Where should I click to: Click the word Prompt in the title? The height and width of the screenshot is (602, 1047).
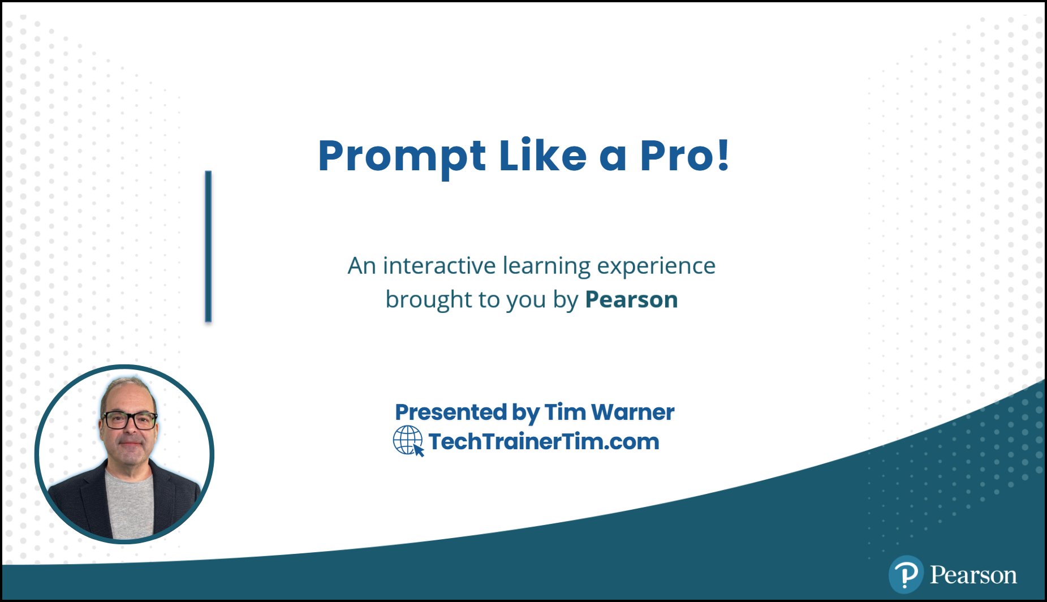tap(402, 156)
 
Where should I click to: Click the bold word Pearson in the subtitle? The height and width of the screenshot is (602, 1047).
tap(631, 299)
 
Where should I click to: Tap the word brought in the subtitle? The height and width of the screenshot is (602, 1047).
tap(420, 300)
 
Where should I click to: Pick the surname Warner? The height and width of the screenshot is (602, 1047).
tap(633, 412)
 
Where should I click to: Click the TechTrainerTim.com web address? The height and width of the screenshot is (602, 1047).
tap(544, 441)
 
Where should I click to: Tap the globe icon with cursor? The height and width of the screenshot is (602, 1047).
tap(408, 441)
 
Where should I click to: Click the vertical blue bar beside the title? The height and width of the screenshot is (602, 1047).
tap(208, 246)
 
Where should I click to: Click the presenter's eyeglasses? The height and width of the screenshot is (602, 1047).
tap(129, 420)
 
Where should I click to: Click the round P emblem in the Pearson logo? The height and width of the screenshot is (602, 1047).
tap(906, 574)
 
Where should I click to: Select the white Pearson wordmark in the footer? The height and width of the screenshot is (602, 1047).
tap(973, 575)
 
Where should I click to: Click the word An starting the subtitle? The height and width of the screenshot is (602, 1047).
tap(361, 266)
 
